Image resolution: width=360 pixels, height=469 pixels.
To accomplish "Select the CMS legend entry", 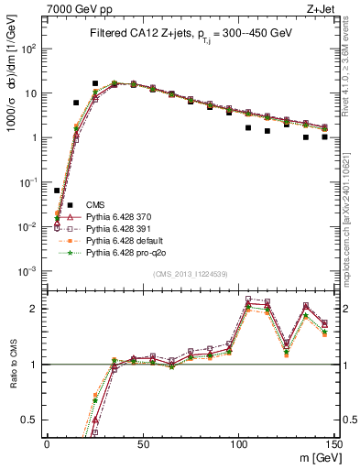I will pos(96,204).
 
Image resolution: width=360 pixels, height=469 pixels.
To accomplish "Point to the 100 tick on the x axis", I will pos(237,443).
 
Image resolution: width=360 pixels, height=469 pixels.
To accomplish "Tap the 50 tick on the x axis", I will pos(142,443).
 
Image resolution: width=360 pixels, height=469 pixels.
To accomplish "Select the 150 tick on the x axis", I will pos(333,443).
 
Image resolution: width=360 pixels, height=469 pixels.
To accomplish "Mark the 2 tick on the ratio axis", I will pos(37,310).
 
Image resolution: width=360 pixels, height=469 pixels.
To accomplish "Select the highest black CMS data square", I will pos(95,83).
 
